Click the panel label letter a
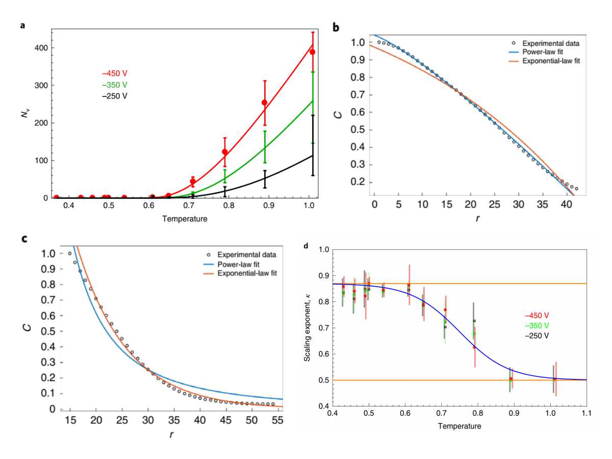pyautogui.click(x=22, y=24)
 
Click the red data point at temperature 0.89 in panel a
pyautogui.click(x=264, y=103)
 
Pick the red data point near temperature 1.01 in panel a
pyautogui.click(x=312, y=52)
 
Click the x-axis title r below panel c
pyautogui.click(x=171, y=434)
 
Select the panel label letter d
pyautogui.click(x=305, y=246)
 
